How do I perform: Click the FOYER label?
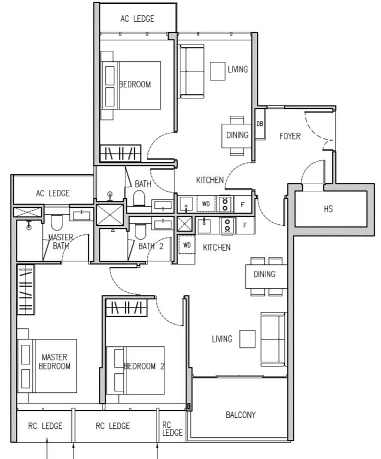coord(290,136)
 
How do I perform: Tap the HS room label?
coord(328,209)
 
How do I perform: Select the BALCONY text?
coord(240,415)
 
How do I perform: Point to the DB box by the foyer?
coord(259,124)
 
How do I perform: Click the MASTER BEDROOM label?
coord(54,362)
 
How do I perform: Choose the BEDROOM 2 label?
coord(140,366)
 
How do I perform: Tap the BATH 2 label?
coord(151,246)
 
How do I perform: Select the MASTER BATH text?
coord(61,242)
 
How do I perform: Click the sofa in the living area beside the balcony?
coord(272,338)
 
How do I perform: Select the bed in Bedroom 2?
coord(135,370)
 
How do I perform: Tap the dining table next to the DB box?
coord(237,135)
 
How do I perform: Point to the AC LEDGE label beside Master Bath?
coord(52,194)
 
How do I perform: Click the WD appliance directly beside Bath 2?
coord(187,245)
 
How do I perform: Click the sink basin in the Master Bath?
coord(81,214)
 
